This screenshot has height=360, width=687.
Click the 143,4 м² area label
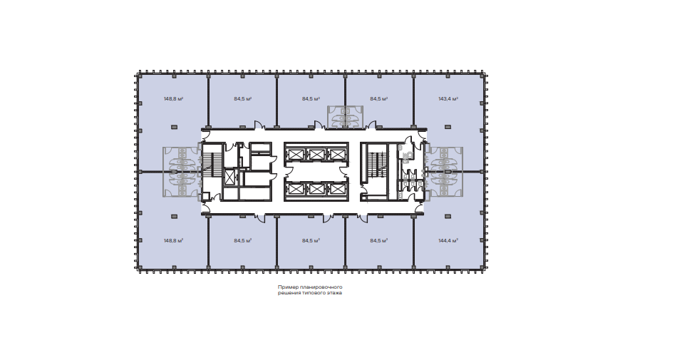click(448, 99)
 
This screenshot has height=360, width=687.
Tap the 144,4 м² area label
click(448, 241)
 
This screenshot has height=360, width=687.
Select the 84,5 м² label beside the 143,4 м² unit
click(379, 99)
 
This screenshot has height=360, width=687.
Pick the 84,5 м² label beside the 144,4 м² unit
click(379, 241)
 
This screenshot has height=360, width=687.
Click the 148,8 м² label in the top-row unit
click(173, 99)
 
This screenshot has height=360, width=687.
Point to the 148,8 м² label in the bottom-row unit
click(173, 241)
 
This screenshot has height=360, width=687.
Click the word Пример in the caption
click(286, 287)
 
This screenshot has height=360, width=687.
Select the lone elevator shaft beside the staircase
click(229, 177)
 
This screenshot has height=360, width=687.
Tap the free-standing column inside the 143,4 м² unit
click(448, 127)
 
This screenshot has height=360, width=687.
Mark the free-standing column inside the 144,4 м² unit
click(448, 217)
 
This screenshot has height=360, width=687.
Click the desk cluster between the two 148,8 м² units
click(182, 172)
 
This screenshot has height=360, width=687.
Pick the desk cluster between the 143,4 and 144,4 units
click(443, 172)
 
